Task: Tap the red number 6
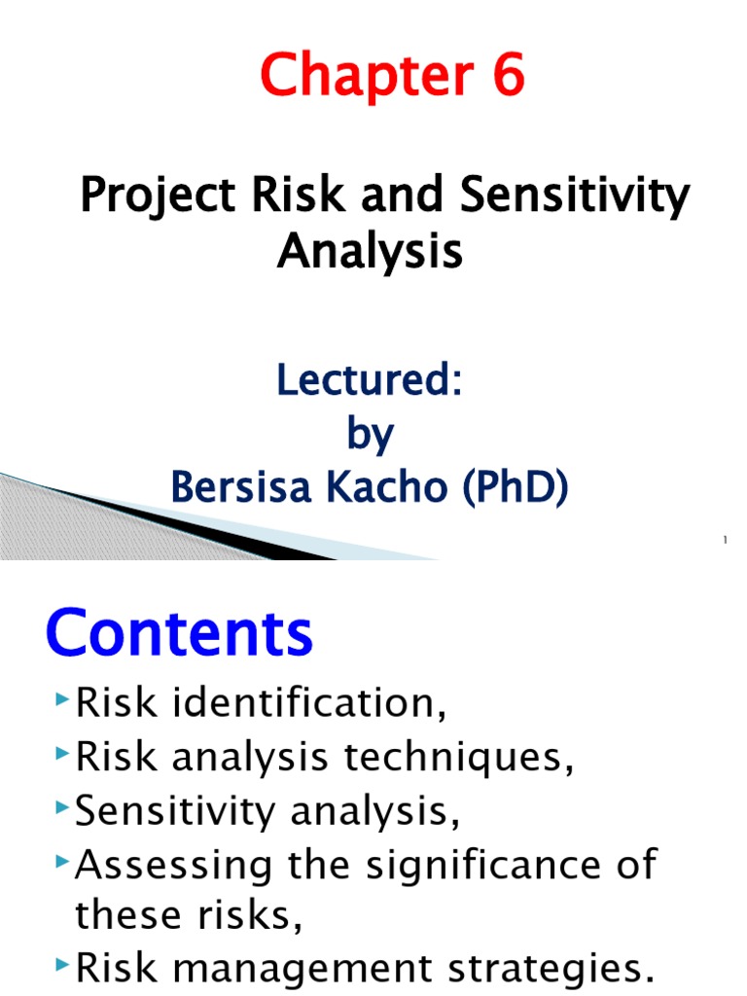point(505,77)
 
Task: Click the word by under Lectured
point(370,435)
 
